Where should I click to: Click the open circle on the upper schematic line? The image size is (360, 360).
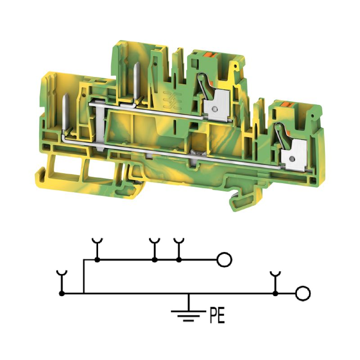pyautogui.click(x=224, y=260)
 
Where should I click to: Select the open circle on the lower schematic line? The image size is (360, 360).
pyautogui.click(x=303, y=293)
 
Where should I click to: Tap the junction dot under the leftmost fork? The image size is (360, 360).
pyautogui.click(x=62, y=293)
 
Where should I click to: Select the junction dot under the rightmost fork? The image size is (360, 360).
pyautogui.click(x=275, y=293)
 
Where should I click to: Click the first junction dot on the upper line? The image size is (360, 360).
pyautogui.click(x=97, y=260)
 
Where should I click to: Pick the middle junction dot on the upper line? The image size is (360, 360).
pyautogui.click(x=155, y=260)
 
